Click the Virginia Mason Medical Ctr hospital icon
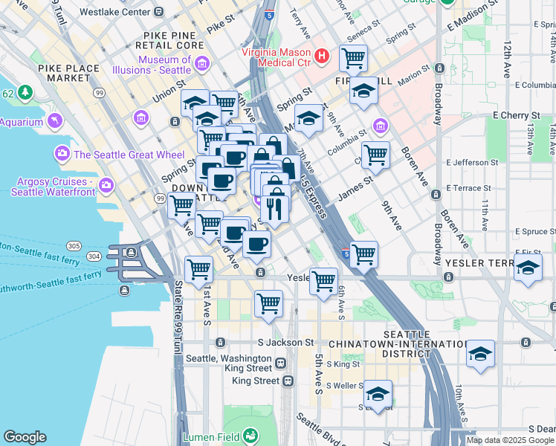click(x=322, y=55)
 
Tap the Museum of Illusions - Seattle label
click(x=153, y=65)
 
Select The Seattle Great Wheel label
click(x=123, y=155)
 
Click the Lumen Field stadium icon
click(x=252, y=435)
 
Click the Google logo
click(x=25, y=437)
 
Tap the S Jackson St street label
click(x=285, y=343)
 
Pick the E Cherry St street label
click(x=516, y=116)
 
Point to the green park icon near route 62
click(x=26, y=92)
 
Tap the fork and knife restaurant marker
click(x=276, y=207)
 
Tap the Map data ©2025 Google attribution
click(x=510, y=440)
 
